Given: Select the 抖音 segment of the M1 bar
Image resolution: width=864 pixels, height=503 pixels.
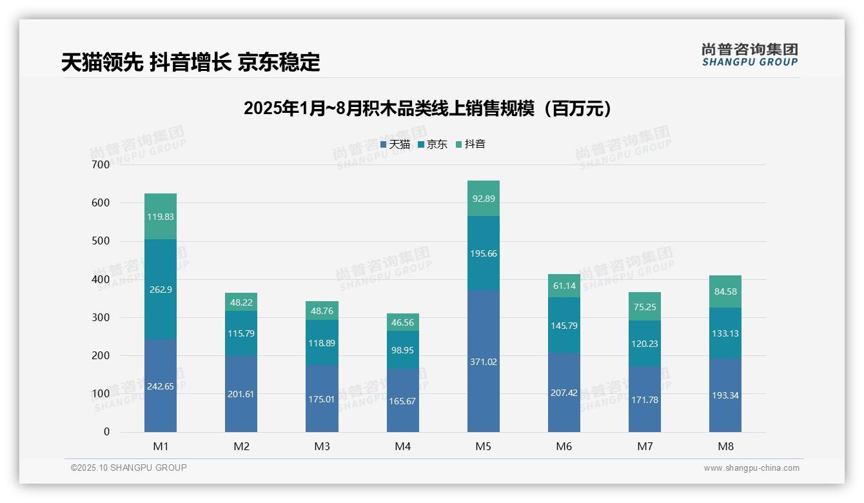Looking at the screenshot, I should (x=161, y=217).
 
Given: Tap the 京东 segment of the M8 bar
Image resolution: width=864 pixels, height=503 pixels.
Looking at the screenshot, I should (x=725, y=333).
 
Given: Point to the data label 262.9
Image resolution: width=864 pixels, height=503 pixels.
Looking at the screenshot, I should (x=161, y=290).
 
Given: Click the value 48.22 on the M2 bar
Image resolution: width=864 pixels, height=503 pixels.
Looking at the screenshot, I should (x=241, y=302).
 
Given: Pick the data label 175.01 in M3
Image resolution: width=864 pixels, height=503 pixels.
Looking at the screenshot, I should (x=322, y=399).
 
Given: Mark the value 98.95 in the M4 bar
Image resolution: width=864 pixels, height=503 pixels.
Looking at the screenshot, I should (x=402, y=350).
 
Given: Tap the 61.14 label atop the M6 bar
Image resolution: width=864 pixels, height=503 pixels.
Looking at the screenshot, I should (x=564, y=286).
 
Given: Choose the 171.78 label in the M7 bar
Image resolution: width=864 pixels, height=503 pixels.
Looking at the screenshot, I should (x=645, y=400).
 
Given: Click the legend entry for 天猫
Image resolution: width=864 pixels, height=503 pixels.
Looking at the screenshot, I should (x=395, y=144).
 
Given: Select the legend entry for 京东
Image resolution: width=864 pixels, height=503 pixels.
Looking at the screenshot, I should (x=433, y=144).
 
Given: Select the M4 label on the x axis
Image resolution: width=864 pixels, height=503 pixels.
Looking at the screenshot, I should (x=402, y=446).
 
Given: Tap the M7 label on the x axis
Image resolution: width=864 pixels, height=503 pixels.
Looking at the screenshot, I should (x=645, y=446).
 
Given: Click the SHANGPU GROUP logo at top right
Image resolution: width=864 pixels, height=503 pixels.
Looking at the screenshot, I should (x=749, y=55).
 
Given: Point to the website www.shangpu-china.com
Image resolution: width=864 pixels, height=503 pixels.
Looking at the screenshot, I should (x=751, y=468).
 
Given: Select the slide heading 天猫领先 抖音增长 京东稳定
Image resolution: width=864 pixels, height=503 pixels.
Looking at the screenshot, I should (x=190, y=63).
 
